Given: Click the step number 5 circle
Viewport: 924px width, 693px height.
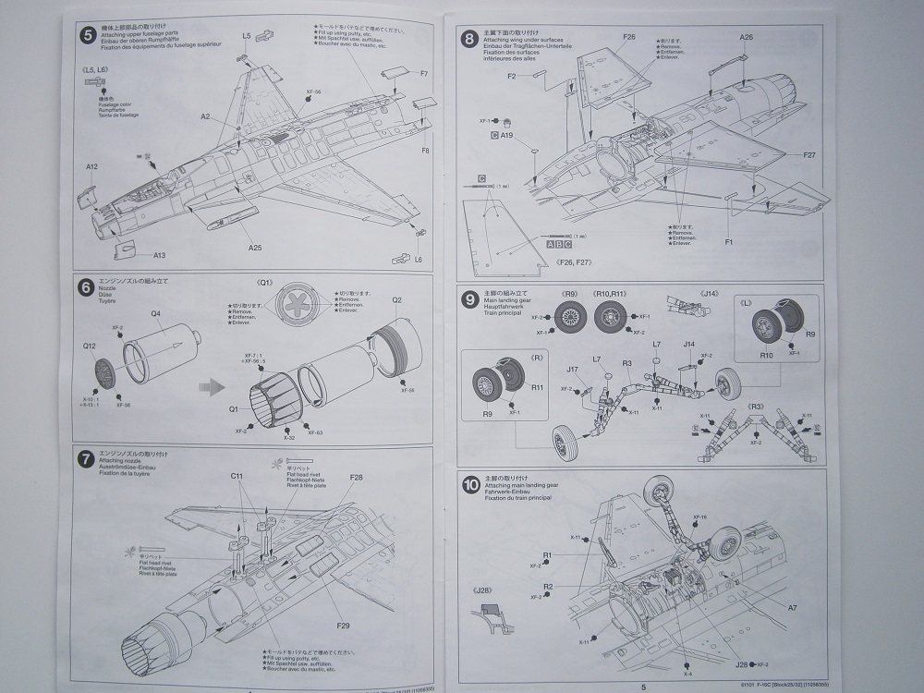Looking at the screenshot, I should (88, 35).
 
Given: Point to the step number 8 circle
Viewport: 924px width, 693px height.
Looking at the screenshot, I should (470, 39).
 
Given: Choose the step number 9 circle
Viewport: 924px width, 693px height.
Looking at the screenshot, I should (470, 298).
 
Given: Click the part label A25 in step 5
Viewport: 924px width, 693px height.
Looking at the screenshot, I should (255, 248).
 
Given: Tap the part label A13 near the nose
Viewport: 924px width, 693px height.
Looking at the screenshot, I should (159, 256).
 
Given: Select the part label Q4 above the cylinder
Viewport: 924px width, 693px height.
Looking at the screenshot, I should (156, 313).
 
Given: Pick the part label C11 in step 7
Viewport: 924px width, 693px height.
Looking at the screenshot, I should (237, 476).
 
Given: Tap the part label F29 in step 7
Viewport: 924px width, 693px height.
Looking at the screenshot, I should (344, 626).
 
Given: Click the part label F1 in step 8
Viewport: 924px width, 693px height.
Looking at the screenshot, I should (729, 241).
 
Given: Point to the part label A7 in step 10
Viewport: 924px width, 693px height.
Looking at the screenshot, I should (792, 607).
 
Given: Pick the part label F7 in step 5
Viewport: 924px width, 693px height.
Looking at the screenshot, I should (425, 74).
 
